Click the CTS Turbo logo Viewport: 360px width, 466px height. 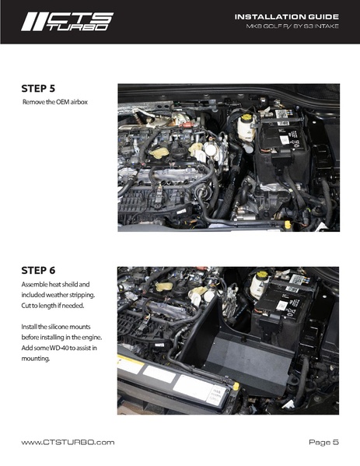coord(66,21)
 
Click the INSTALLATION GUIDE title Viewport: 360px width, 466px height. coord(286,16)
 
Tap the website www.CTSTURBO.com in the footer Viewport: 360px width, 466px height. coord(68,442)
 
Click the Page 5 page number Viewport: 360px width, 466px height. coord(323,442)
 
